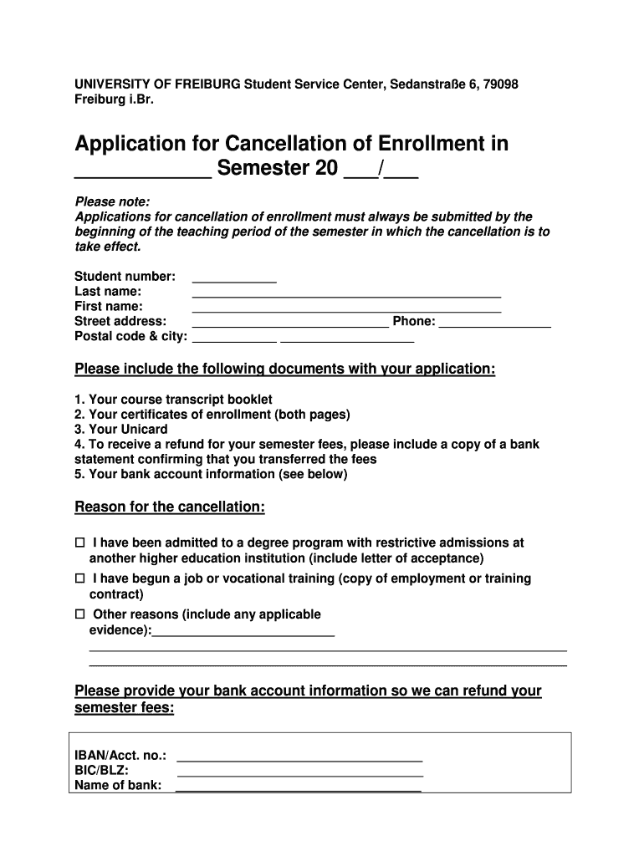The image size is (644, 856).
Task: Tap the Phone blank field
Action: tap(494, 324)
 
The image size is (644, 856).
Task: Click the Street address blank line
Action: tap(290, 324)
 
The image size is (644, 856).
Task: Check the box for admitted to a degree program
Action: tap(80, 543)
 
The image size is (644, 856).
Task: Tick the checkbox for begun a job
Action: tap(80, 578)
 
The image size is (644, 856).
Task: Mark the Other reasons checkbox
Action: tap(80, 614)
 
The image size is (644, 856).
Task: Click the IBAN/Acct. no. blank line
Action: tap(299, 758)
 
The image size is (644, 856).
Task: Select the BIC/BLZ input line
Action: tap(299, 773)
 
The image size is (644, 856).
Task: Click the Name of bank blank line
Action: tap(299, 787)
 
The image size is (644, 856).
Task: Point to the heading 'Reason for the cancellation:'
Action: tap(170, 507)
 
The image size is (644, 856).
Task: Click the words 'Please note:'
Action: tap(113, 201)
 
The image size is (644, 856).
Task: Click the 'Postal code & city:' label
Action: tap(131, 336)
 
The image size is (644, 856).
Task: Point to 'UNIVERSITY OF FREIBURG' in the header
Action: tap(151, 84)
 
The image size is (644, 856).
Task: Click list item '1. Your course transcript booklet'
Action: tap(173, 400)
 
